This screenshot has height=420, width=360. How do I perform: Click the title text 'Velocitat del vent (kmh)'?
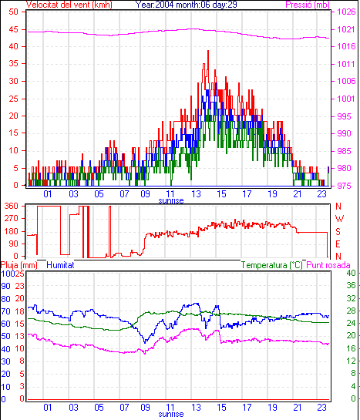[x=69, y=5]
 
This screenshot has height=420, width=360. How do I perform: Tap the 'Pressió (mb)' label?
[x=308, y=5]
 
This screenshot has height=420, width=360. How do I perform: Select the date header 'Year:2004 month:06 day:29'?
[x=186, y=5]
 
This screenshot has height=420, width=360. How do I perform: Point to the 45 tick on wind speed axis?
[x=13, y=29]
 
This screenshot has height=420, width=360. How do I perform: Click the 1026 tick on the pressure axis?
[x=345, y=12]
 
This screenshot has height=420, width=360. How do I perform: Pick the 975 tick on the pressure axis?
[x=344, y=186]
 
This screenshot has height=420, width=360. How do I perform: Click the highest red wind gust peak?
[x=208, y=51]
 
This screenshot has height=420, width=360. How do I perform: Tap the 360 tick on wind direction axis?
[x=12, y=206]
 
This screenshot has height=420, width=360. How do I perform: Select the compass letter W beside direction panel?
[x=339, y=219]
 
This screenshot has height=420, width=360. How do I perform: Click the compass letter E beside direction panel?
[x=338, y=244]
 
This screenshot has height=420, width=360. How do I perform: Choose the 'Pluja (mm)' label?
[x=19, y=265]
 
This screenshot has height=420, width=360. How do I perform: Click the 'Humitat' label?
[x=60, y=265]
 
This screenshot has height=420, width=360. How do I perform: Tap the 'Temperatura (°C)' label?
[x=271, y=265]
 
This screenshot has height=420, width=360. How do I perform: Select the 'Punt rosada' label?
[x=328, y=265]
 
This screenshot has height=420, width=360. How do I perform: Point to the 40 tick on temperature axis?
[x=351, y=274]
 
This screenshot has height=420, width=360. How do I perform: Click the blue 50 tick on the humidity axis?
[x=5, y=336]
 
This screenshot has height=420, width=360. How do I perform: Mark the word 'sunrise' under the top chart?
[x=171, y=200]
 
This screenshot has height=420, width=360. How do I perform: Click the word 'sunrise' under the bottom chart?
[x=171, y=415]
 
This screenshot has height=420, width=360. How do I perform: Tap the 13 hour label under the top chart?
[x=196, y=193]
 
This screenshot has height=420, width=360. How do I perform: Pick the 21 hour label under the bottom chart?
[x=298, y=408]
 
